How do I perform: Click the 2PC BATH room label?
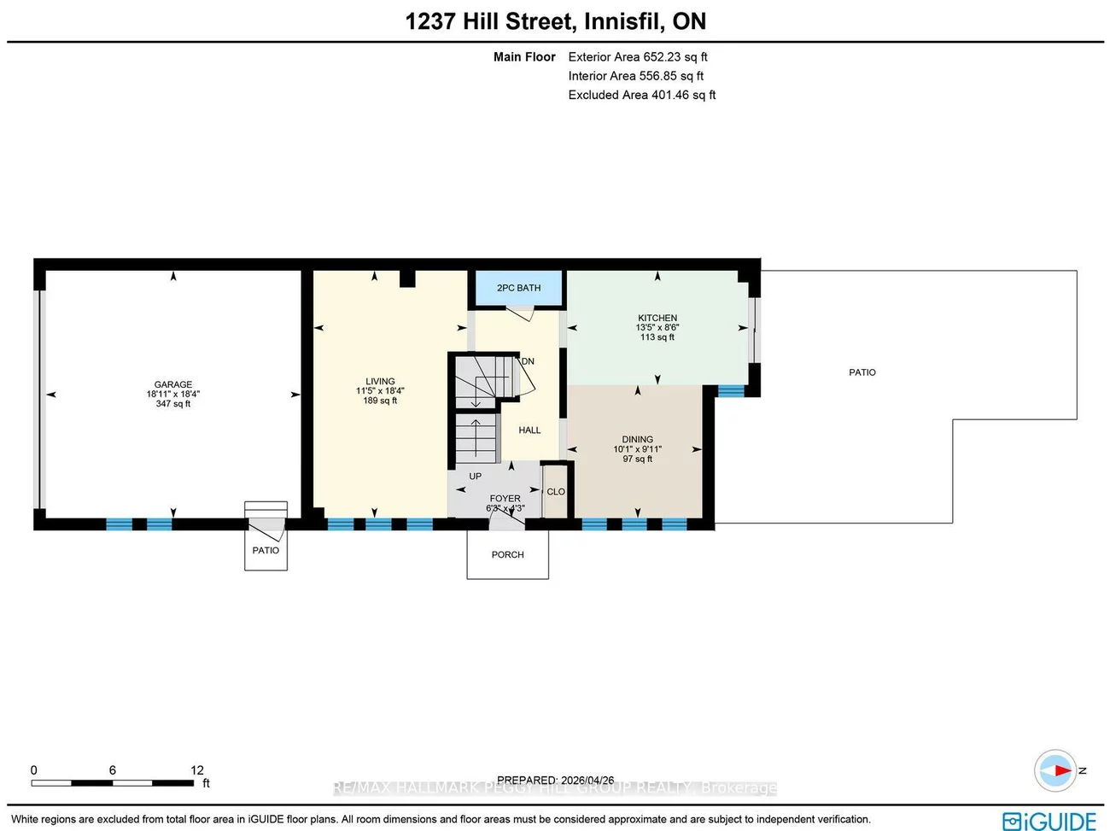click(518, 288)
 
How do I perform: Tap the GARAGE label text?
click(173, 384)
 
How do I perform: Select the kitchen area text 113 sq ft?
click(657, 337)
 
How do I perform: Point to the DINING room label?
click(637, 440)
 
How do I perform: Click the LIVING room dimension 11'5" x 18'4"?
click(380, 391)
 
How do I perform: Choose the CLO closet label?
click(556, 492)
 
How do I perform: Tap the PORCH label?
click(507, 555)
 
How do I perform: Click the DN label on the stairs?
click(528, 361)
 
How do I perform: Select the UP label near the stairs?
click(475, 477)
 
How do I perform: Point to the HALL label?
click(529, 430)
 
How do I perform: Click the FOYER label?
click(505, 499)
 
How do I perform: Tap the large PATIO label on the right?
click(862, 372)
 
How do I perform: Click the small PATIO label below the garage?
click(266, 551)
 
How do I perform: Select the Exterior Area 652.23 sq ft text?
click(638, 57)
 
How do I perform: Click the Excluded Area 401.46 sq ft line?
click(642, 95)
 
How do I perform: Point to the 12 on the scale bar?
click(196, 770)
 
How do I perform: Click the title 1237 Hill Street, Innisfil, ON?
click(555, 21)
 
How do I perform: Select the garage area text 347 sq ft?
click(173, 404)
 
